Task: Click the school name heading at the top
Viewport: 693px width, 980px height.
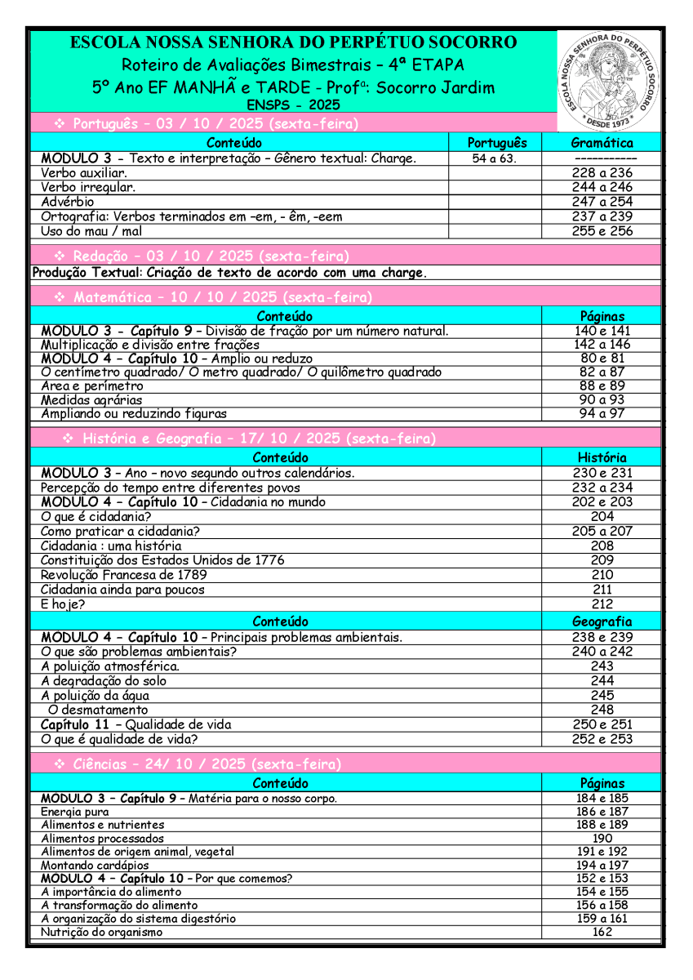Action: [293, 42]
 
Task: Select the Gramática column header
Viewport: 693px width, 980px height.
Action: [602, 143]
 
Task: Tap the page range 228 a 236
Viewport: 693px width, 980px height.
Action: [602, 173]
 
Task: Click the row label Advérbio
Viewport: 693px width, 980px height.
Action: [68, 202]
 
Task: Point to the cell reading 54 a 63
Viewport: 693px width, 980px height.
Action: [494, 158]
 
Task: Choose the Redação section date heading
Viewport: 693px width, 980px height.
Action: [202, 256]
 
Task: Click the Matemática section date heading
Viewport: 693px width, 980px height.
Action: [213, 297]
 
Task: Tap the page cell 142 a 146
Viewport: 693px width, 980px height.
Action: [602, 345]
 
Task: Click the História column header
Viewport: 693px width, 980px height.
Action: [602, 457]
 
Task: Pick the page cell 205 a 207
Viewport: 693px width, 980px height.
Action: [602, 531]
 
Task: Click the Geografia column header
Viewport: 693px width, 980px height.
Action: [602, 621]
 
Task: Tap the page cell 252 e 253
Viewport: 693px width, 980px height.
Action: [602, 739]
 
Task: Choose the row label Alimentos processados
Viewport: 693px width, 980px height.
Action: [102, 839]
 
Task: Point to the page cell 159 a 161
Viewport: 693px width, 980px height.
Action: [602, 919]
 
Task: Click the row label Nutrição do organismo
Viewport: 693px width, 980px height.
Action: [102, 932]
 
